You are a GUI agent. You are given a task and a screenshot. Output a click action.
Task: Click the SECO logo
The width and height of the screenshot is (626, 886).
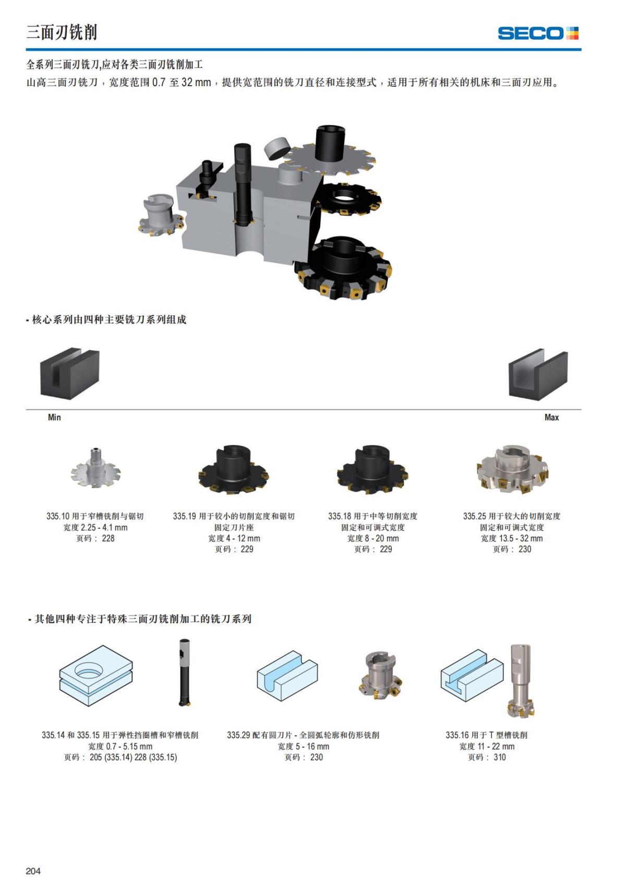click(538, 33)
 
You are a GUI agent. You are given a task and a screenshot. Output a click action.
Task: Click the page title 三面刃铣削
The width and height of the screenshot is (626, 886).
click(62, 32)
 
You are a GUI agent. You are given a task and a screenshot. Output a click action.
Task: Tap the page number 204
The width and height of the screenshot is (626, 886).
click(33, 870)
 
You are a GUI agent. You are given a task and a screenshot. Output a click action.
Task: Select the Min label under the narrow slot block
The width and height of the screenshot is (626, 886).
click(54, 417)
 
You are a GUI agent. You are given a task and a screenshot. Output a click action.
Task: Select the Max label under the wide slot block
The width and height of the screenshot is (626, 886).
click(551, 417)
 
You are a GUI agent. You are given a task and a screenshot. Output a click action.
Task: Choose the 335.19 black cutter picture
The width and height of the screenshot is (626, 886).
click(234, 469)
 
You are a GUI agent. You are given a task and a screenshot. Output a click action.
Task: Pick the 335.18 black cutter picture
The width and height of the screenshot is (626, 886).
click(372, 469)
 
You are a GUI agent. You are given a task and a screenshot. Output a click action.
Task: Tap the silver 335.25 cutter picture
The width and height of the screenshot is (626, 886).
click(512, 469)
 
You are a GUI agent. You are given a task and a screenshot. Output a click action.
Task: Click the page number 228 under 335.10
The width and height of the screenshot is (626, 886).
click(108, 538)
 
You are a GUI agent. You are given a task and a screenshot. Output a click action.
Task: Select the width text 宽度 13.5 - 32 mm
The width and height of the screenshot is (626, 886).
click(512, 538)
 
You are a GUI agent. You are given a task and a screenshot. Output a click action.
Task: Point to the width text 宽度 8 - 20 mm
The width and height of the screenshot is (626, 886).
click(373, 538)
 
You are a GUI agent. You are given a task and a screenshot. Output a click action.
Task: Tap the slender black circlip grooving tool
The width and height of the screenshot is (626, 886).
click(184, 672)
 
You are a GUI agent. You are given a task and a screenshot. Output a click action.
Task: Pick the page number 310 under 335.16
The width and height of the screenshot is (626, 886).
click(499, 757)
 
